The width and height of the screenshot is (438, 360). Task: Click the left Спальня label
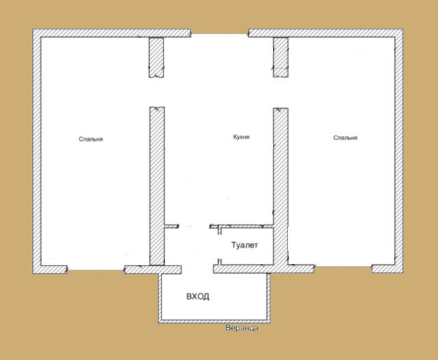click(x=91, y=139)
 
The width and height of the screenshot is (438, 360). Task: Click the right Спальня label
click(x=345, y=138)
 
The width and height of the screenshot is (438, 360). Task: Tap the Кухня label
click(x=242, y=137)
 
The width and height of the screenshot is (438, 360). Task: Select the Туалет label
click(x=244, y=245)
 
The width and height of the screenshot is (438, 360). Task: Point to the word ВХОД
click(x=198, y=296)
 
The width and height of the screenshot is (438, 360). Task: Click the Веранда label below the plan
click(x=242, y=328)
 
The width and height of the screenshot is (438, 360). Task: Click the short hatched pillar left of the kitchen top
click(x=156, y=57)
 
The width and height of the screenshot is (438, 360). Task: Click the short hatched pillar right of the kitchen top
click(x=281, y=57)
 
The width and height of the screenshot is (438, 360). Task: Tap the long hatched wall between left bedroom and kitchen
click(x=157, y=186)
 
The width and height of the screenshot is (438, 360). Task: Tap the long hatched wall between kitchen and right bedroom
click(x=281, y=187)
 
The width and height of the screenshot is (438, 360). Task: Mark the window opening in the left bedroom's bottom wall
click(x=96, y=270)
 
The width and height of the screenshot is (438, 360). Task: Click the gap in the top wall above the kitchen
click(x=220, y=33)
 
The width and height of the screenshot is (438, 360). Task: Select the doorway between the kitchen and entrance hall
click(x=194, y=227)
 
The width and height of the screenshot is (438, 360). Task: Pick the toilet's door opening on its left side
click(x=220, y=246)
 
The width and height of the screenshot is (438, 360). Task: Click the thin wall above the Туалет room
click(x=242, y=227)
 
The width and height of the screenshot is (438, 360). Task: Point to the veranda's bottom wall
click(x=214, y=322)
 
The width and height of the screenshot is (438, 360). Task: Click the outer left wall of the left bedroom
click(x=37, y=151)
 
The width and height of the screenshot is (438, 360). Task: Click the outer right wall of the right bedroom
click(x=399, y=151)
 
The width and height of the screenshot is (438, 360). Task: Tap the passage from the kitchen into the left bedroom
click(x=157, y=92)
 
